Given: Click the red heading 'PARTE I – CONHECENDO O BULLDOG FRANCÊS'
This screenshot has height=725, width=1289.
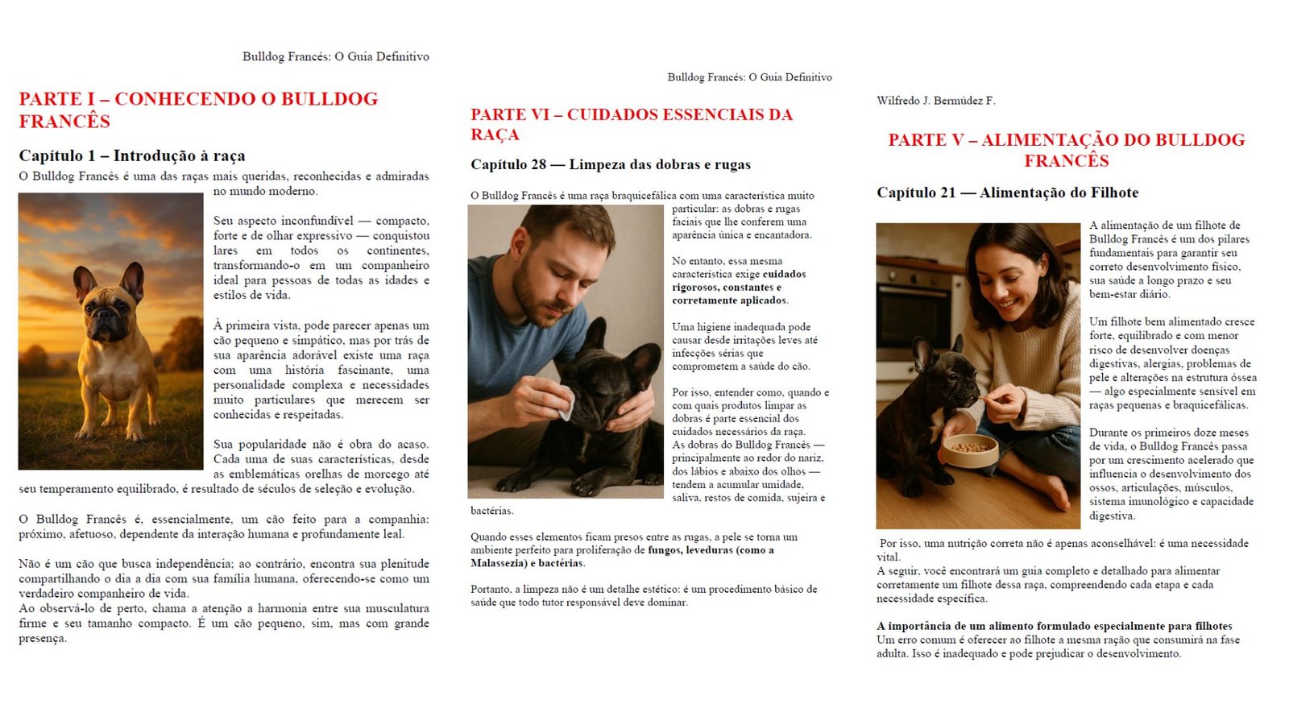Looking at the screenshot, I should [198, 110].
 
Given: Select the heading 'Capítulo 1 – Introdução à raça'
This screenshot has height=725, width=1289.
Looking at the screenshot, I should [132, 155].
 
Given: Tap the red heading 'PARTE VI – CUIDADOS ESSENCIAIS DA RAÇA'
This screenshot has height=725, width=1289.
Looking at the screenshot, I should [632, 124].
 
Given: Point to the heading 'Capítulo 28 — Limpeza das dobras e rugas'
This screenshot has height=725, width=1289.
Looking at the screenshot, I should [611, 164].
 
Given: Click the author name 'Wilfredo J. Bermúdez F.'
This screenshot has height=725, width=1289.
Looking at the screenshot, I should [936, 101].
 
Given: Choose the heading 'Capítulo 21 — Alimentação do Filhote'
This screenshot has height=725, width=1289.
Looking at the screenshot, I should [1007, 193].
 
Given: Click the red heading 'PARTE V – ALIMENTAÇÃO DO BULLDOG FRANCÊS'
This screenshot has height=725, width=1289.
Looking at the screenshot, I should [1067, 150].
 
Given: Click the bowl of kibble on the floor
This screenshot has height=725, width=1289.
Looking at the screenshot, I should [970, 448].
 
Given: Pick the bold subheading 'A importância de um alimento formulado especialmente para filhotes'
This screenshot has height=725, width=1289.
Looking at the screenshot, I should [1054, 626].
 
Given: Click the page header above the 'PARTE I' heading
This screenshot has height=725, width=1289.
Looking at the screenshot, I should [335, 56].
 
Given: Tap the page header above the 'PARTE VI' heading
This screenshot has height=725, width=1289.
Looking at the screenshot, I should [749, 77].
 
